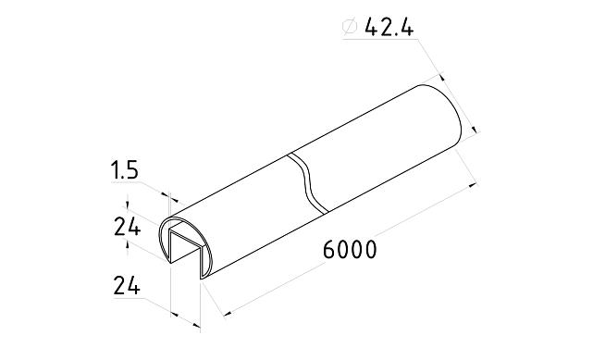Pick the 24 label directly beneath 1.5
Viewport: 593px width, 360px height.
[126, 227]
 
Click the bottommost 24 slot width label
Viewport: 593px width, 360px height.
[126, 287]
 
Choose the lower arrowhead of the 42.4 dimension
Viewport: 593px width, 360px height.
[473, 132]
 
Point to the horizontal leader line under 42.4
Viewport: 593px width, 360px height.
[379, 43]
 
